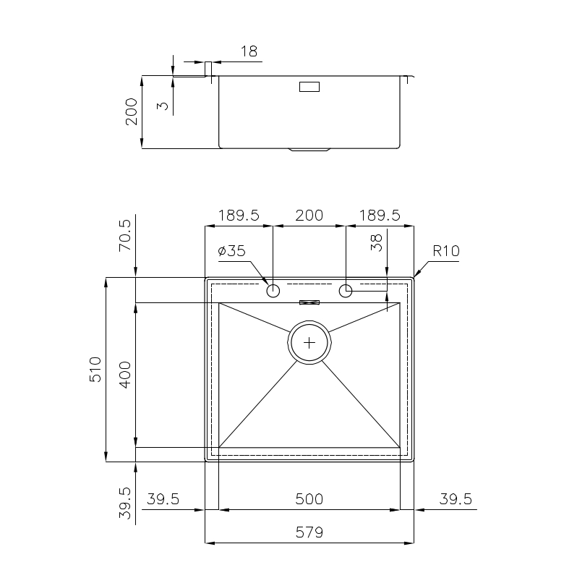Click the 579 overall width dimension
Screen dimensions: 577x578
point(309,532)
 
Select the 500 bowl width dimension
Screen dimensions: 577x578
point(309,498)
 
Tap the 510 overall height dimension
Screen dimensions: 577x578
point(95,370)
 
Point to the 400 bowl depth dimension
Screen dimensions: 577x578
point(125,375)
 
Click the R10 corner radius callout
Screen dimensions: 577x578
point(446,251)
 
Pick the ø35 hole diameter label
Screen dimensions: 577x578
point(232,251)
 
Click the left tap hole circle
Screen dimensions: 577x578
point(273,291)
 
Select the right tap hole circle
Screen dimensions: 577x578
point(345,291)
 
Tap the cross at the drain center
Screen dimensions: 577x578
point(309,343)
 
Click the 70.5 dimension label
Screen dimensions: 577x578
point(125,235)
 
